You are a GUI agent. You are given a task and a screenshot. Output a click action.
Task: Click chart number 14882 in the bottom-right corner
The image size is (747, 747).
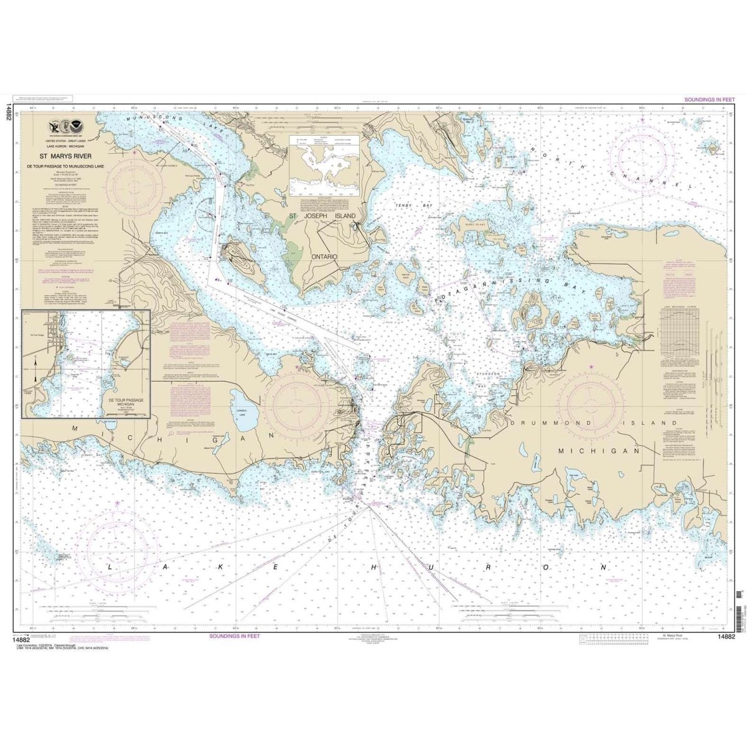(x=726, y=636)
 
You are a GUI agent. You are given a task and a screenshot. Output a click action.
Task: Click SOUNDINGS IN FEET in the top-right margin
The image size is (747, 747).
(x=710, y=100)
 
